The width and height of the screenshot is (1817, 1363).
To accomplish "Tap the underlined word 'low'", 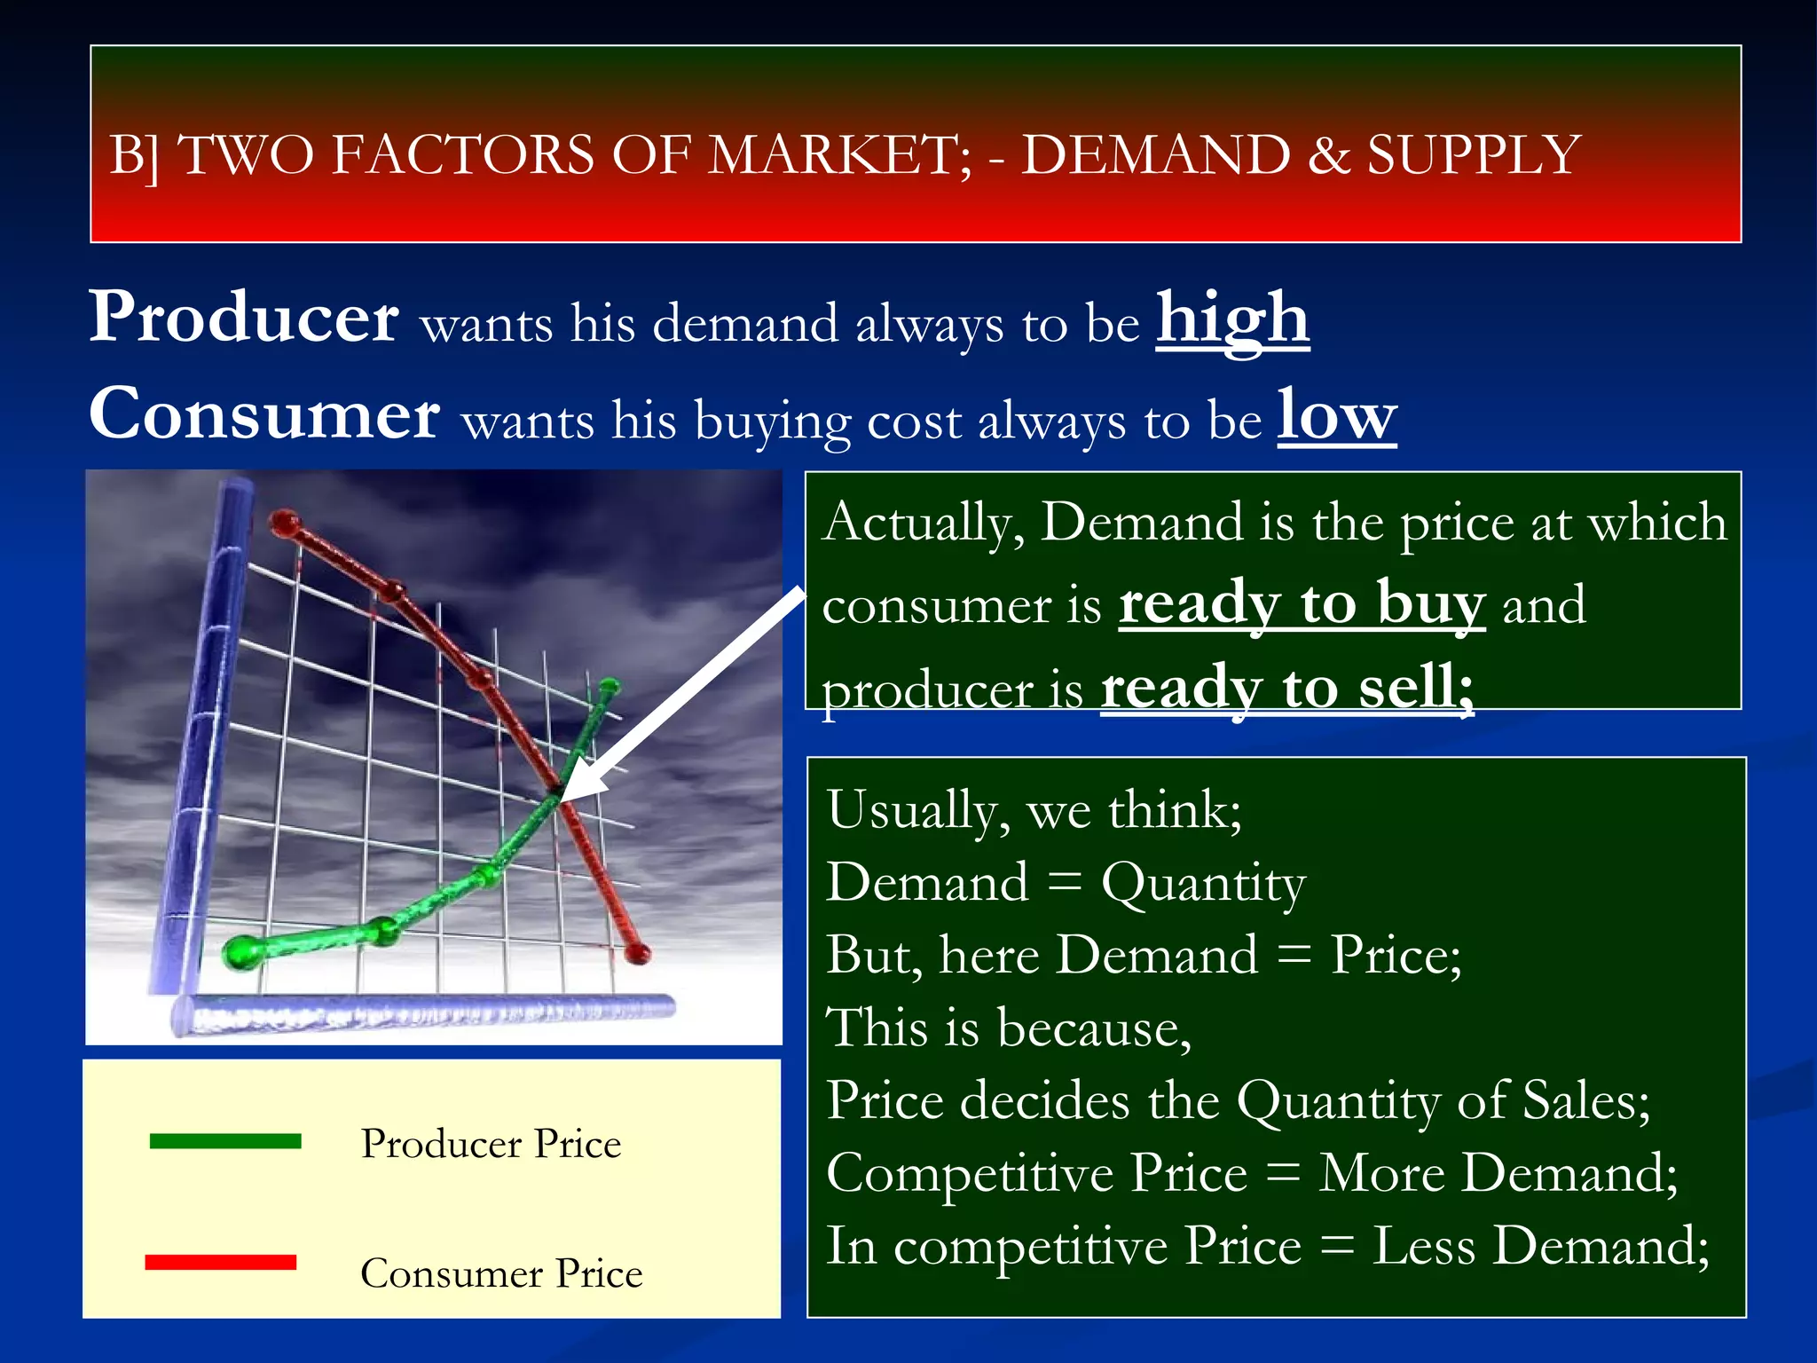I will point(1336,415).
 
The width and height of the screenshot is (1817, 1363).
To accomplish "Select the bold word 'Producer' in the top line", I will point(244,317).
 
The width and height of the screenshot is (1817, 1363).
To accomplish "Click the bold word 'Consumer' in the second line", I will point(264,414).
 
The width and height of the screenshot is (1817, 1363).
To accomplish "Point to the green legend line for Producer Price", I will point(225,1141).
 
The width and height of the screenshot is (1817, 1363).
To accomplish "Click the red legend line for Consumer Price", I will point(221,1262).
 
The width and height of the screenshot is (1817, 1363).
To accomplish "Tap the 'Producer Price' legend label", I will point(491,1144).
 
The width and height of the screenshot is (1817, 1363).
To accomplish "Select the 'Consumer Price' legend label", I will point(501,1273).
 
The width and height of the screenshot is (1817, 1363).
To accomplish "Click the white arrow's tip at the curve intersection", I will point(563,800).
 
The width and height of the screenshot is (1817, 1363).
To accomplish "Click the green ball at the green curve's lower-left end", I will point(240,952).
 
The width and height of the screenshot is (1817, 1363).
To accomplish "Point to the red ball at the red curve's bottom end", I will point(637,954).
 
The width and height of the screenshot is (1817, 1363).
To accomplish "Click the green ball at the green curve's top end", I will point(610,686).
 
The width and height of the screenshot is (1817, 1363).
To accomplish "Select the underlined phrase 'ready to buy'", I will point(1302,604).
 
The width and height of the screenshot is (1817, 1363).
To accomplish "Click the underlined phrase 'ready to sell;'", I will point(1287,688).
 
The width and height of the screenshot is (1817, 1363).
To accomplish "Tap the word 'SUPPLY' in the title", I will point(1473,155).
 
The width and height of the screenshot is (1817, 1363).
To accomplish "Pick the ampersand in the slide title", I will point(1327,155).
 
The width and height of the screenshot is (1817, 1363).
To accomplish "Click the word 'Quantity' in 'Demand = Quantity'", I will point(1203,883).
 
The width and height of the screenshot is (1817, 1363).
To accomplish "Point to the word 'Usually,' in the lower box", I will point(917,810).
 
